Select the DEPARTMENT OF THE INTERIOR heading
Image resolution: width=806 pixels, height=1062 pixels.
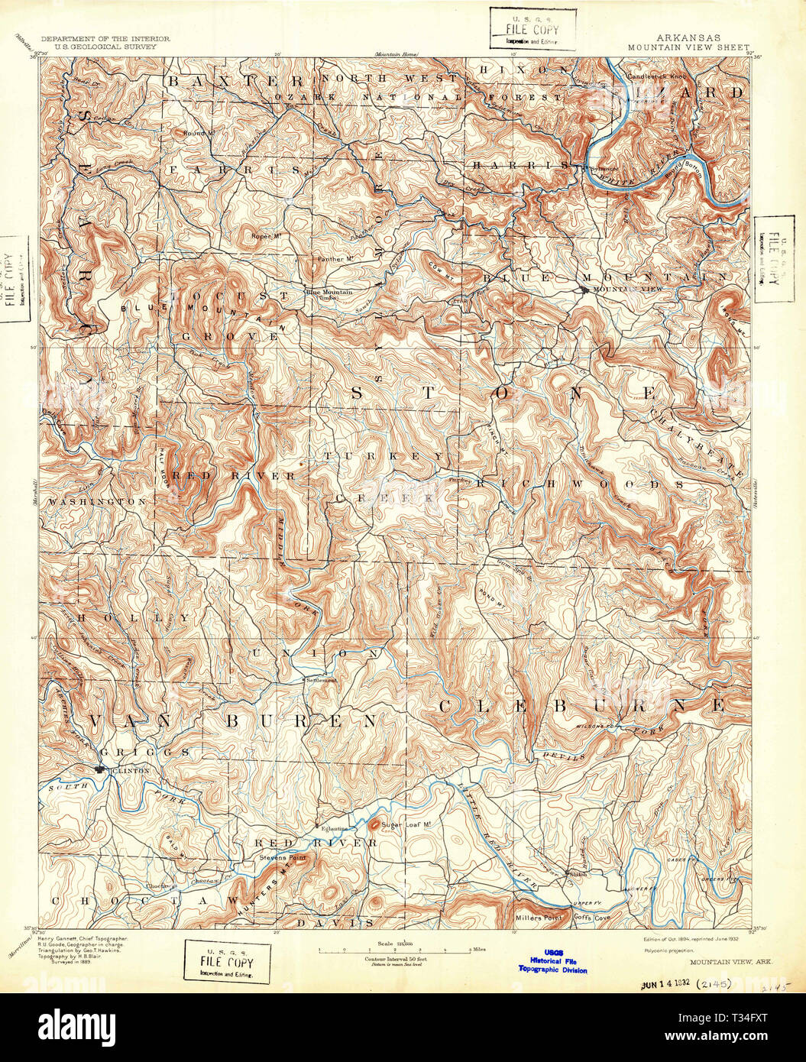point(105,37)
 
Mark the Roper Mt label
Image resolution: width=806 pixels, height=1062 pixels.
point(267,236)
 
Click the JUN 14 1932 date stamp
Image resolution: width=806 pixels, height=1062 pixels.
point(667,985)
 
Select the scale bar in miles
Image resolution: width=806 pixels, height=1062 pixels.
point(395,950)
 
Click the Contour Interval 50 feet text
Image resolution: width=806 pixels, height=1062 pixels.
point(395,958)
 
